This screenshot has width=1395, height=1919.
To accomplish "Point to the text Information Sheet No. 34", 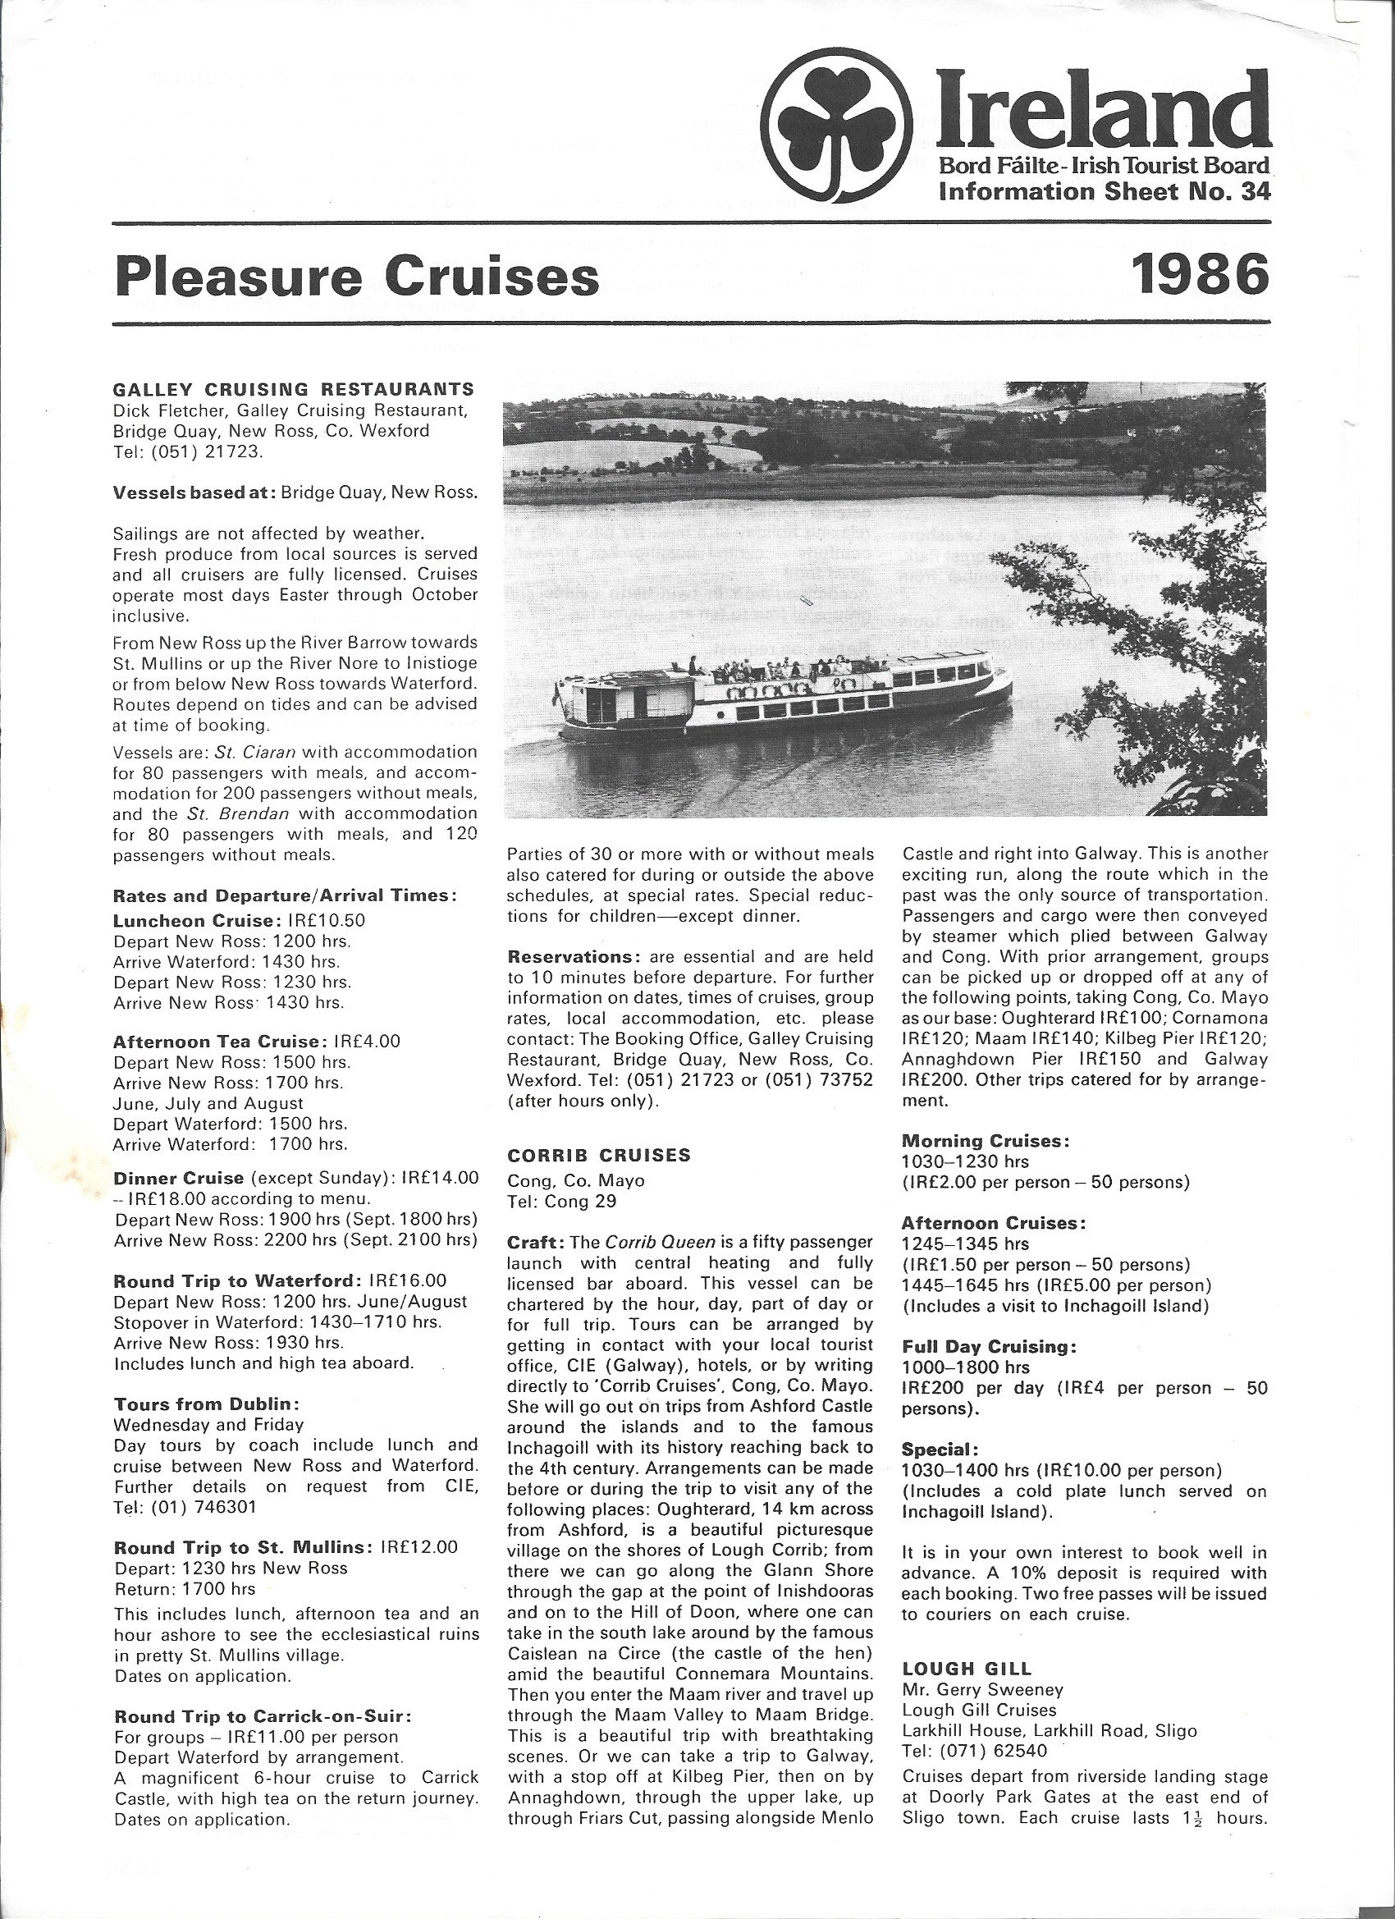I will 1104,192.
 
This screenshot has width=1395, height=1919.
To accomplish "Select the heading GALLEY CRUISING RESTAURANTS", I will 293,389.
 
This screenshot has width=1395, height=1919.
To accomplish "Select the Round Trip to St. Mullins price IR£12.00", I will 418,1546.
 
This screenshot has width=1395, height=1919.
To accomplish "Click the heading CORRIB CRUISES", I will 598,1155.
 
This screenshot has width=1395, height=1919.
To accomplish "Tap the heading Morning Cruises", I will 985,1141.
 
